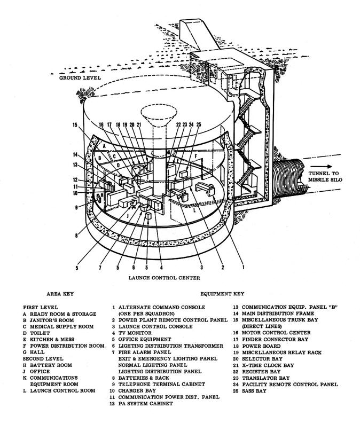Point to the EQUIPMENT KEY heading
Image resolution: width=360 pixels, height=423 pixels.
(x=222, y=294)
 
